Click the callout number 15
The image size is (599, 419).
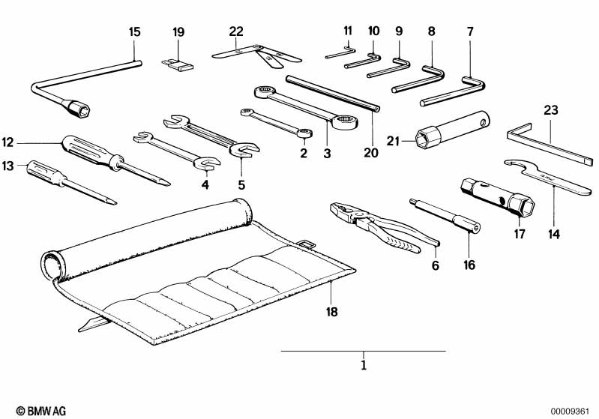coord(134,32)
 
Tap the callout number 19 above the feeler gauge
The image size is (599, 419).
coord(178,32)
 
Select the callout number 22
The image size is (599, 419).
coord(237,31)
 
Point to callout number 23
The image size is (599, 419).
coord(551,111)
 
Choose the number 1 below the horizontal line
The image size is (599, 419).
coord(364,367)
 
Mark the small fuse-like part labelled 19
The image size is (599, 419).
coord(178,65)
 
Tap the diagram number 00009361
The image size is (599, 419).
coord(572,410)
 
